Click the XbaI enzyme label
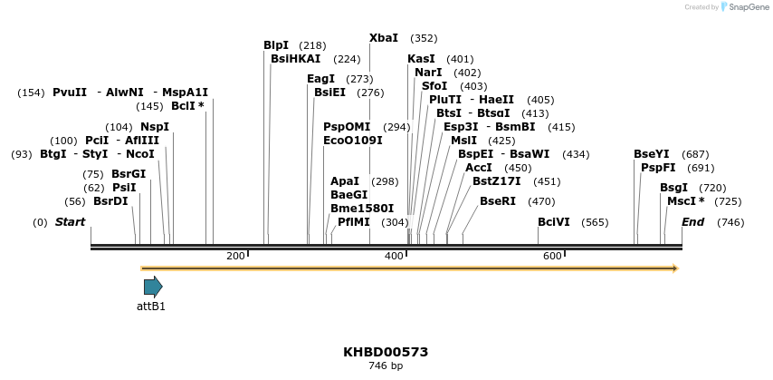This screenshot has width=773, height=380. (x=384, y=38)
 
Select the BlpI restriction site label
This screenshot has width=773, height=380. (x=276, y=45)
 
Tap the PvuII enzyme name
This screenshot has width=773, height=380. (x=70, y=93)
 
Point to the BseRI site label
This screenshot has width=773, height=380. (x=498, y=201)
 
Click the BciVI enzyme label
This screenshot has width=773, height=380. (x=554, y=222)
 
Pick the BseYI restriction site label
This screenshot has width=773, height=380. (x=652, y=154)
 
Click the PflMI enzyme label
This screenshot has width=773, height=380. (x=354, y=222)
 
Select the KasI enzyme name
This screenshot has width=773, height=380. (x=421, y=59)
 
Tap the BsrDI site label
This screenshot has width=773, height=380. (x=110, y=201)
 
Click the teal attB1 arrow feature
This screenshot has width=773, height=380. (x=153, y=287)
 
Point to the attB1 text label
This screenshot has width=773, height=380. (x=151, y=307)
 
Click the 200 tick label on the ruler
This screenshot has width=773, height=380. (x=235, y=257)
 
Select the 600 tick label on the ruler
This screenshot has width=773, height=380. (x=552, y=257)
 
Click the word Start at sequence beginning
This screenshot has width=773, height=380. (x=71, y=222)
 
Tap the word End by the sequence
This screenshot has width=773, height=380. (x=692, y=222)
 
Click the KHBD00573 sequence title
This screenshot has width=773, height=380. (x=386, y=352)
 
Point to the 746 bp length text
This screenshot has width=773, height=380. (x=386, y=366)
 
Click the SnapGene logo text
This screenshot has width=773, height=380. (x=746, y=7)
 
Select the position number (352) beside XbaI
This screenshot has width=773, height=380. (x=424, y=38)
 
